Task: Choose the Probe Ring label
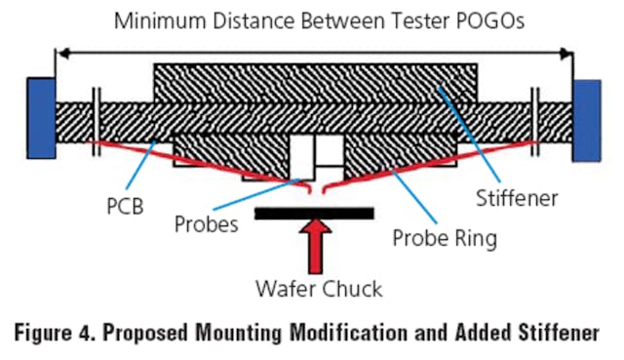coord(447,237)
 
